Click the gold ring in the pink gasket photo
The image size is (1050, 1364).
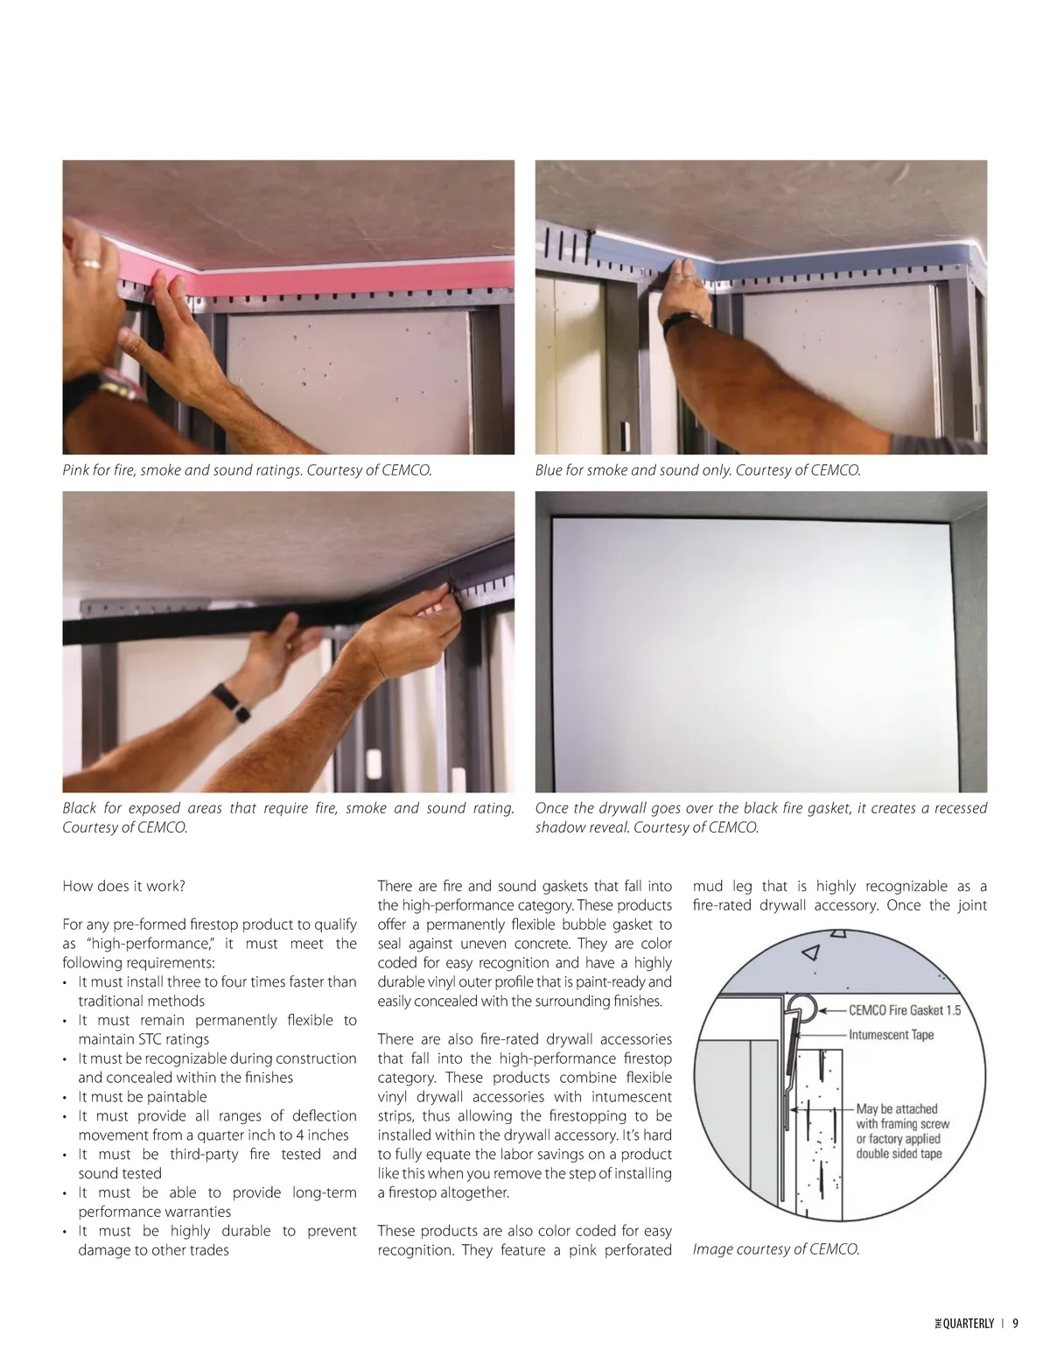point(87,264)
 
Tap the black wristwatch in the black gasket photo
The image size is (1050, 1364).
point(231,703)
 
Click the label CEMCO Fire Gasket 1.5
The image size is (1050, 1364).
point(905,1010)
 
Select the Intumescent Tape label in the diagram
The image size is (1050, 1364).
point(891,1035)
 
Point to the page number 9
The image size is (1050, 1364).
point(1016,1323)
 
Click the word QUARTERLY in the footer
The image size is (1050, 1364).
point(969,1323)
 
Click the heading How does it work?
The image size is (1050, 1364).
point(123,886)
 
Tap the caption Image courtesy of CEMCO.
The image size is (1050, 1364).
point(776,1249)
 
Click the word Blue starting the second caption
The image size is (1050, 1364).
point(549,470)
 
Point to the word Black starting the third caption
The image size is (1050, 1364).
point(79,808)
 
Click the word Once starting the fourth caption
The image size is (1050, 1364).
point(550,808)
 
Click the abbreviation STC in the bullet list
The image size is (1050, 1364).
point(151,1039)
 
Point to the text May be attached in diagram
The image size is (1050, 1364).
point(896,1109)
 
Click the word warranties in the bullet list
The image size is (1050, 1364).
point(193,1212)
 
